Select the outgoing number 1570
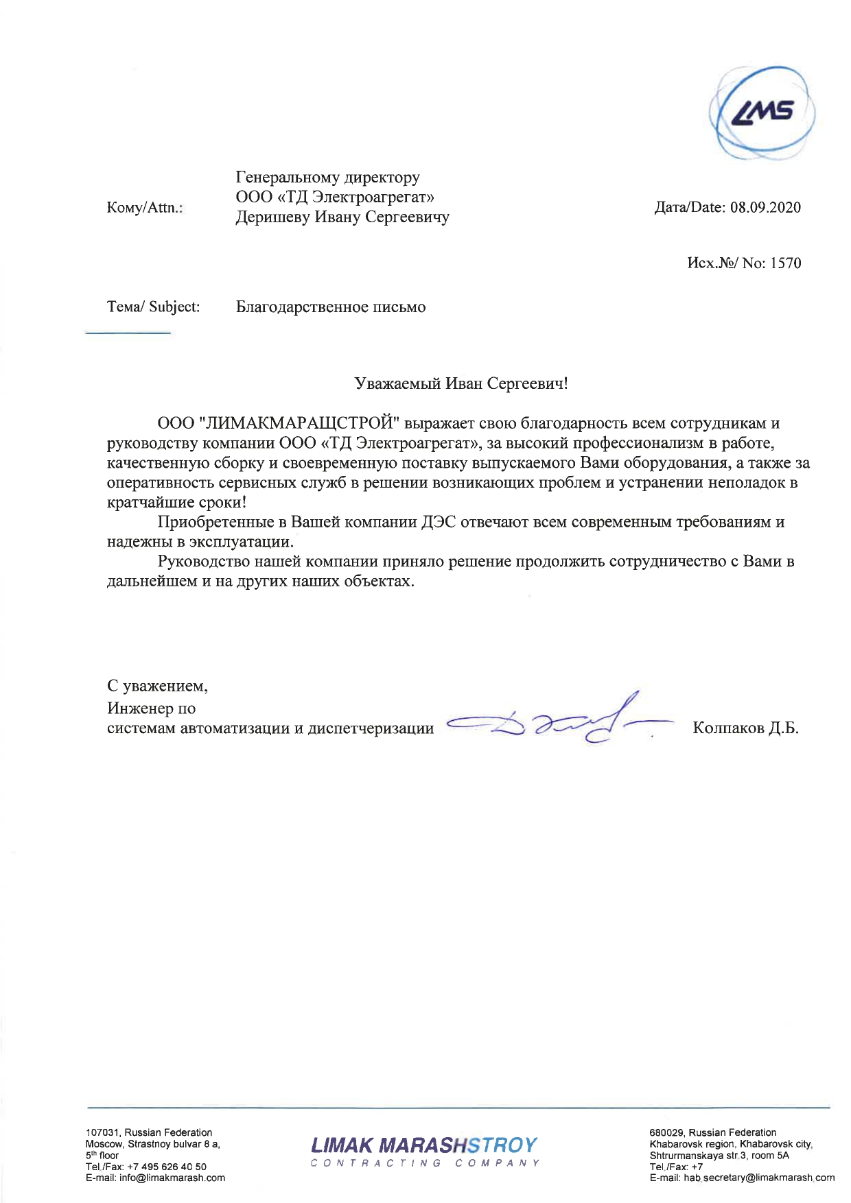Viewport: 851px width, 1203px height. pos(785,263)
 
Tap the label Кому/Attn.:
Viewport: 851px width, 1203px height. pos(145,208)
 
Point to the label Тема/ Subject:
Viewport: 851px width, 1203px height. pos(153,307)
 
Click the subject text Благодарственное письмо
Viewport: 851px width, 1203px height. pos(331,307)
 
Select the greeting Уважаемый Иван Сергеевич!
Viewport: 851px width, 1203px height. pos(461,383)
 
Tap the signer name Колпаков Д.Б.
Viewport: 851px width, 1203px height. pos(745,728)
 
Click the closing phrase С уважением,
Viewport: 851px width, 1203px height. pos(157,686)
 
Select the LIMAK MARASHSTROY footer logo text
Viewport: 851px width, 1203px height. pos(424,1145)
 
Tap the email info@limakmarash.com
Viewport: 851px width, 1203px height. pos(172,1178)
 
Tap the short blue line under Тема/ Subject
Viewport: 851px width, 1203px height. pos(127,333)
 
